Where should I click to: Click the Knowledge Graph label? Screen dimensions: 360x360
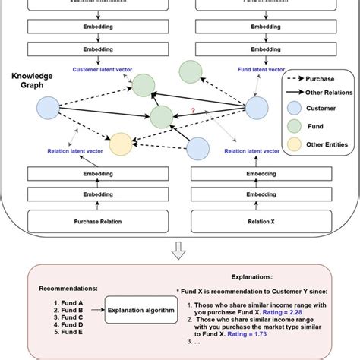[31, 81]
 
